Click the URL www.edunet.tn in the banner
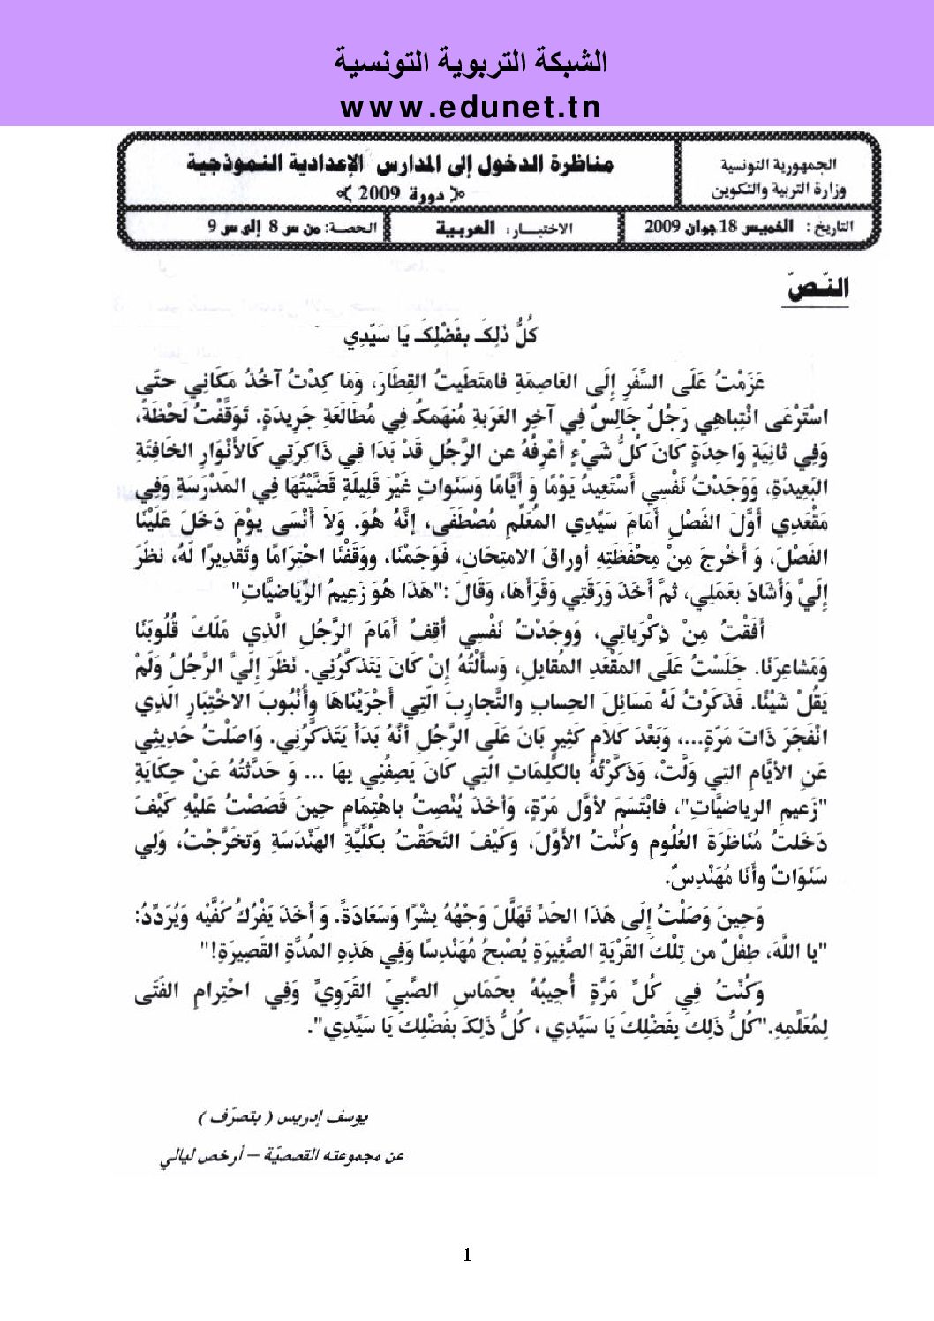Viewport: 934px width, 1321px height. tap(470, 107)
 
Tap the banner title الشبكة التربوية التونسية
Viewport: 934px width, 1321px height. tap(471, 64)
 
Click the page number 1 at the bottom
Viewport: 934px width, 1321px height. tap(467, 1255)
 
